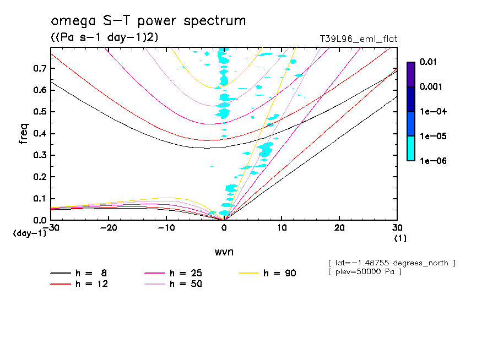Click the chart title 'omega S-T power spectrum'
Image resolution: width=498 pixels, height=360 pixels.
(148, 21)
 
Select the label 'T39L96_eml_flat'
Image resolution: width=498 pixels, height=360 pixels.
(359, 39)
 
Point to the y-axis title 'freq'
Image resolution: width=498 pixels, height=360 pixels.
(23, 134)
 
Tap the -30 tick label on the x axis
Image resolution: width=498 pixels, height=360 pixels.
(50, 228)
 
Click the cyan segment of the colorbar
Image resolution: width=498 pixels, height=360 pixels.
(410, 149)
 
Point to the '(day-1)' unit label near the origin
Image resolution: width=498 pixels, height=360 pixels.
(29, 233)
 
